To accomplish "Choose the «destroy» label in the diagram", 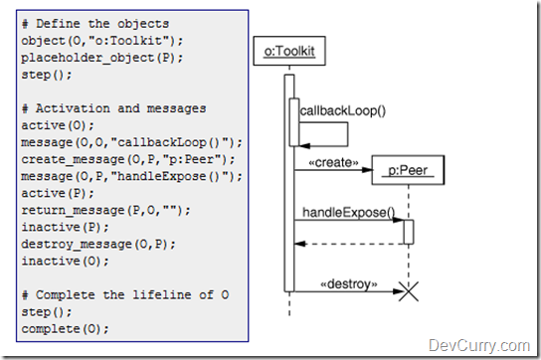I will [x=348, y=282].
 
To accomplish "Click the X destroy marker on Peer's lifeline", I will [x=408, y=291].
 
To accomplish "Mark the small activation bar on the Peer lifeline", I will [x=408, y=231].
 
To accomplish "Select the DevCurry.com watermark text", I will [x=478, y=345].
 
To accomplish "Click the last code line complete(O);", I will [x=66, y=328].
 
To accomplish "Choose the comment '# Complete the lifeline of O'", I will [x=124, y=294].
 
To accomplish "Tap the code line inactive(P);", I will [x=66, y=226].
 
